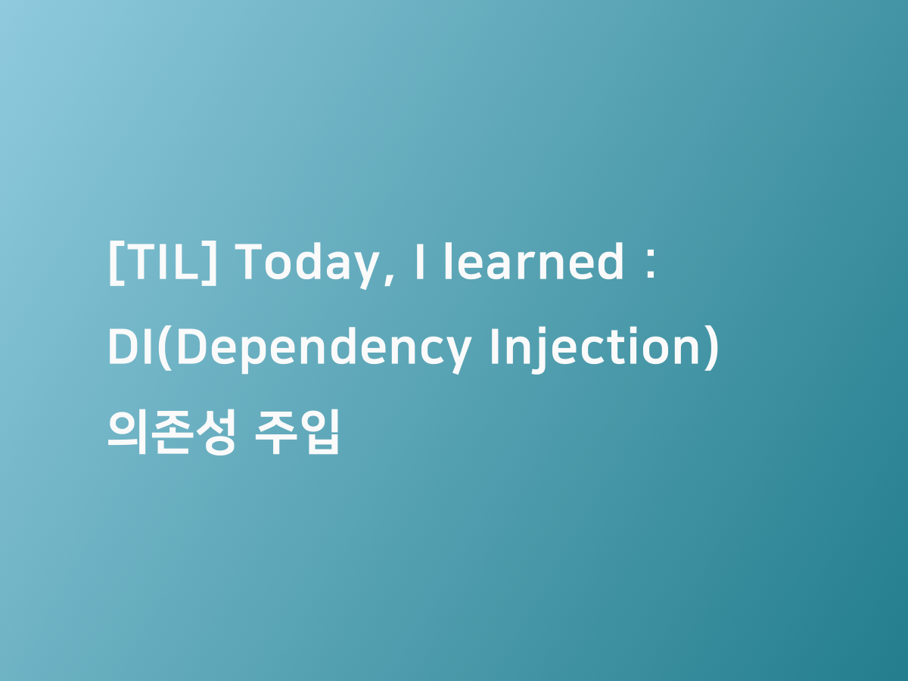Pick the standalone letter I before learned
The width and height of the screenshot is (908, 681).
pos(419,262)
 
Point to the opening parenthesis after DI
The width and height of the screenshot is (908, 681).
pos(166,350)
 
